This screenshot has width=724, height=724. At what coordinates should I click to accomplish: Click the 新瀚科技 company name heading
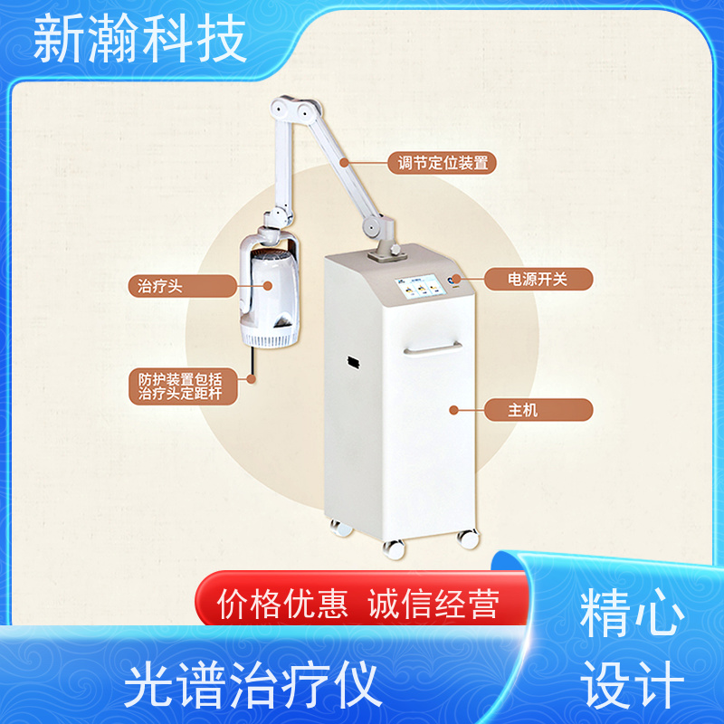[x=140, y=41]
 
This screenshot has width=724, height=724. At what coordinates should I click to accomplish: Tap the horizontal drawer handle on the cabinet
[x=432, y=348]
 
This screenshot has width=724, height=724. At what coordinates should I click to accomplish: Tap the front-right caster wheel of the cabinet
[x=467, y=538]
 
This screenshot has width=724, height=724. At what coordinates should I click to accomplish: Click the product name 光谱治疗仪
[x=251, y=685]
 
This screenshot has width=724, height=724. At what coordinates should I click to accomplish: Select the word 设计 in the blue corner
[x=633, y=686]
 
